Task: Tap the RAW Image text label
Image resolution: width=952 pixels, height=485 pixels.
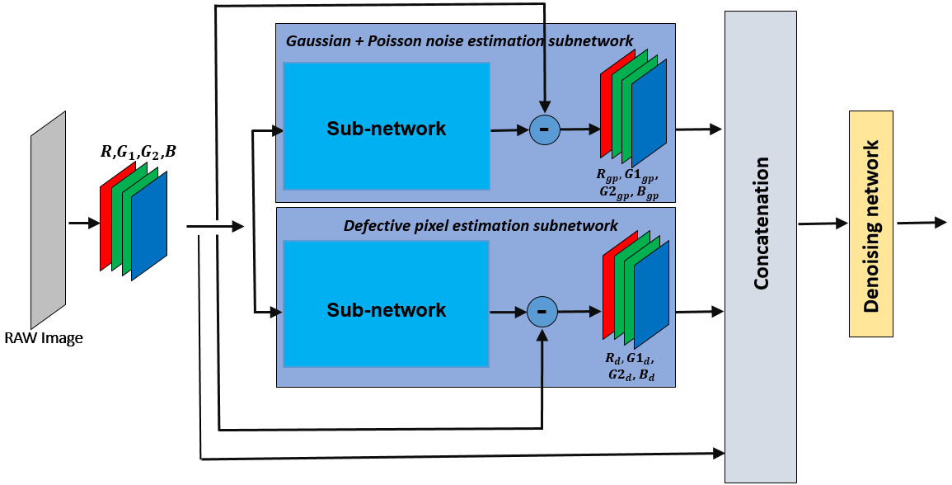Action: coord(44,338)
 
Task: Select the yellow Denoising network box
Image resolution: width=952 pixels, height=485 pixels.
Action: coord(870,224)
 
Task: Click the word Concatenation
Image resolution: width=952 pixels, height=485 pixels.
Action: coord(761,223)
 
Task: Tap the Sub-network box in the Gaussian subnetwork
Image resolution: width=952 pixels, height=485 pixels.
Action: coord(387,129)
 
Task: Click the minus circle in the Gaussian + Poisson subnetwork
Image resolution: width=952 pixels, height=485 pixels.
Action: coord(544,129)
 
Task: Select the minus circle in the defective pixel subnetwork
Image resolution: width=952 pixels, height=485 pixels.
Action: coord(542,311)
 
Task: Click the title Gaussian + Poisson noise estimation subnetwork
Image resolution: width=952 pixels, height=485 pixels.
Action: coord(459,40)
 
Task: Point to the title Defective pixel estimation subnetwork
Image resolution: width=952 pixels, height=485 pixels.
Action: coord(481,225)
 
